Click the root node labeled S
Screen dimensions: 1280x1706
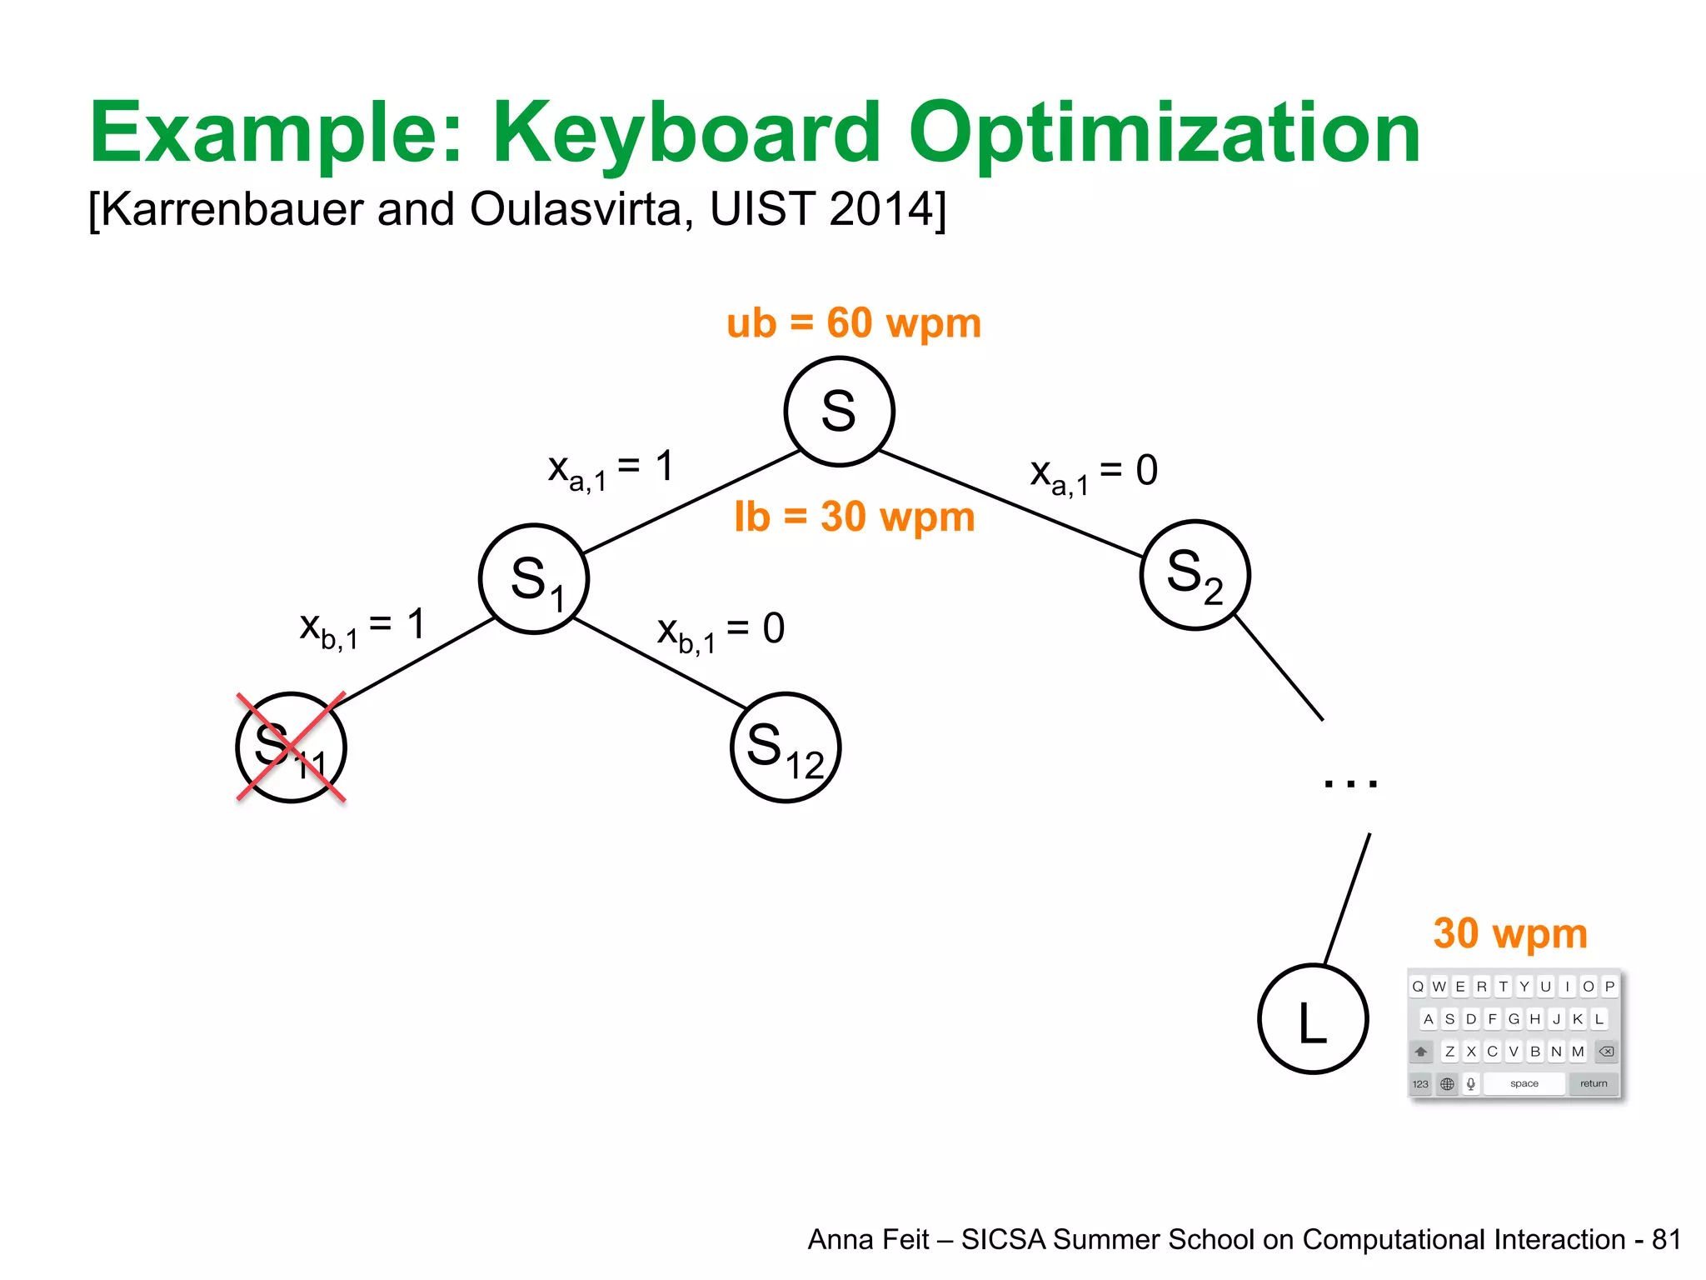tap(839, 411)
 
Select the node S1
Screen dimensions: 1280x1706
tap(534, 579)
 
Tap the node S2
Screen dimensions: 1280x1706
tap(1195, 575)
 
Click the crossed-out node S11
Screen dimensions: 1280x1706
tap(291, 747)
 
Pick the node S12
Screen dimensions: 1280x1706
tap(786, 747)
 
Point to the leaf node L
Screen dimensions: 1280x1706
tap(1313, 1019)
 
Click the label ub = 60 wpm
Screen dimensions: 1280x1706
tap(854, 323)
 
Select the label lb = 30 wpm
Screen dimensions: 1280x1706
tap(854, 517)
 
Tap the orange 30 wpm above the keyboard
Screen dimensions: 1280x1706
tap(1510, 933)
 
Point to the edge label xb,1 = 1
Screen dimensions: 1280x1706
tap(362, 627)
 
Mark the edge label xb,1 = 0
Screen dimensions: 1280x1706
tap(721, 632)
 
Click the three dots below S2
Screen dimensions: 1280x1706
tap(1350, 782)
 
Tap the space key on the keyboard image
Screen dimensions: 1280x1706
tap(1524, 1084)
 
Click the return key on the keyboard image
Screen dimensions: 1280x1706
tap(1594, 1084)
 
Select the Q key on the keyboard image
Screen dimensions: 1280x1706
tap(1418, 987)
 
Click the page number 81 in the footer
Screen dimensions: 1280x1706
tap(1666, 1240)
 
